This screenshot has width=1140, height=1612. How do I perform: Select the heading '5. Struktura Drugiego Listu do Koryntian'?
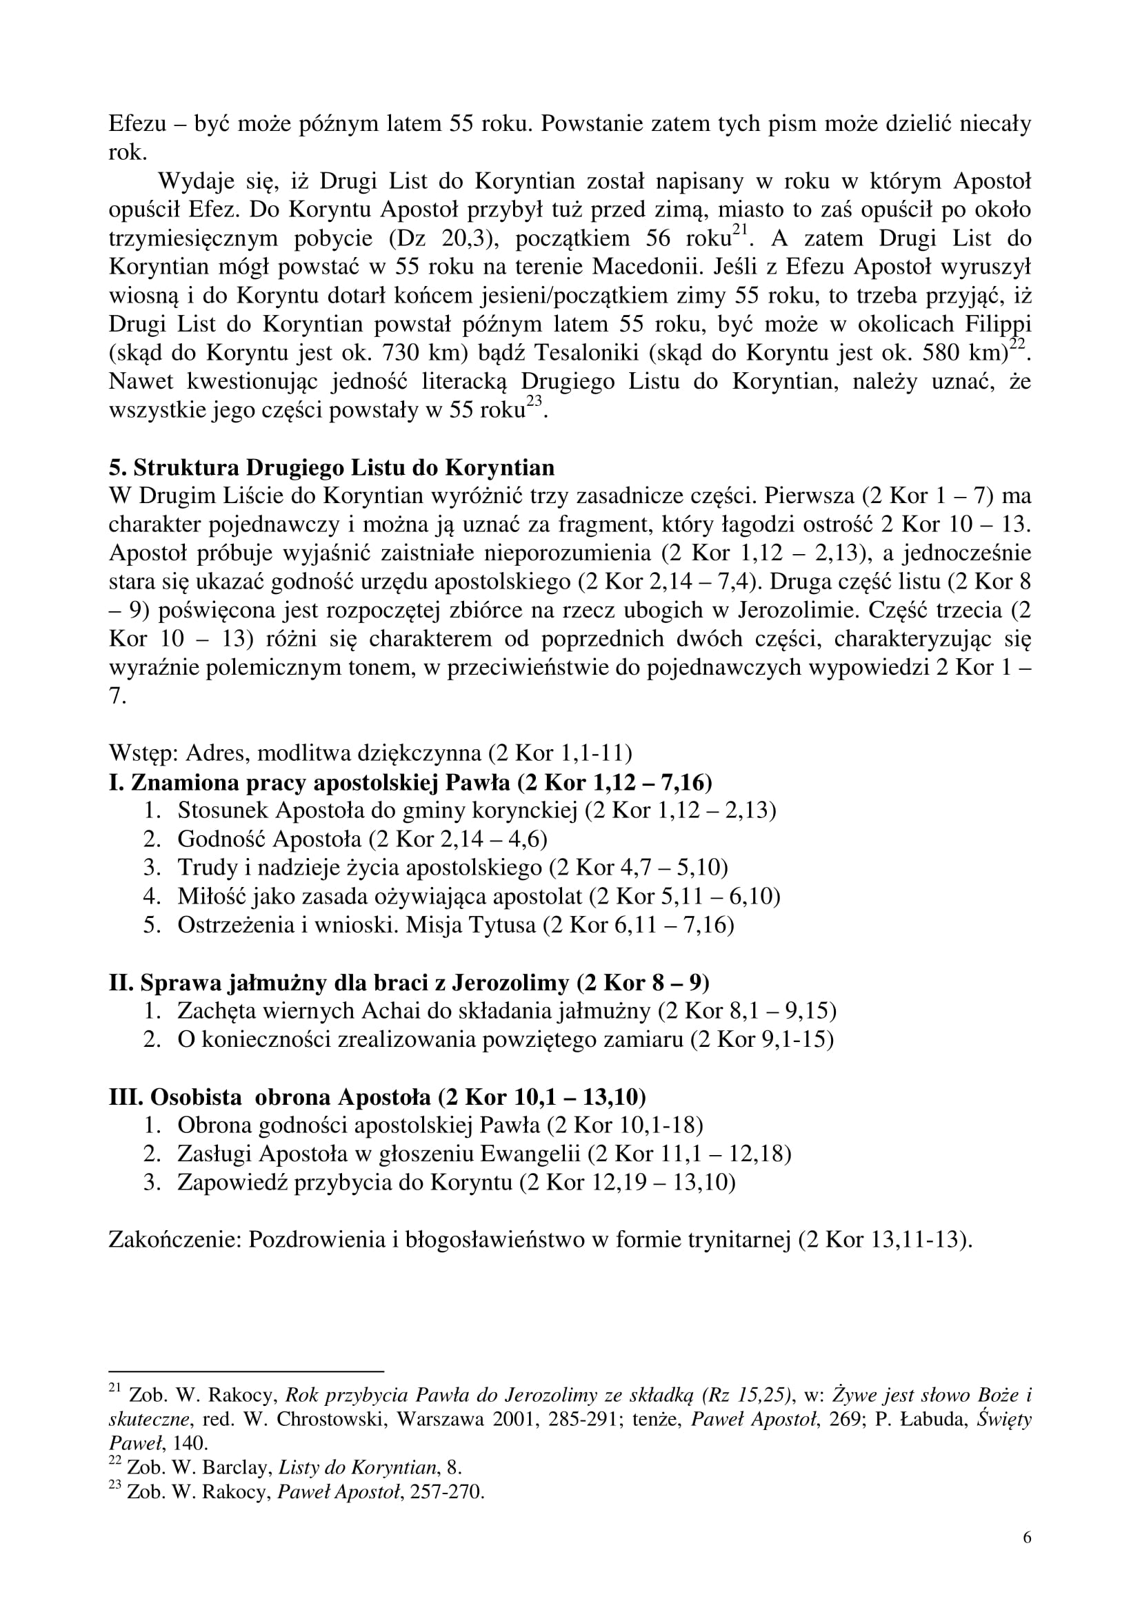[332, 467]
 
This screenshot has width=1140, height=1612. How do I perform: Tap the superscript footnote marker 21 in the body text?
[740, 229]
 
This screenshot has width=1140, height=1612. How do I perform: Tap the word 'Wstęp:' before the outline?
[144, 753]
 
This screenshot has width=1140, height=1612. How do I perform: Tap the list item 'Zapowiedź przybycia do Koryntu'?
[344, 1183]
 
